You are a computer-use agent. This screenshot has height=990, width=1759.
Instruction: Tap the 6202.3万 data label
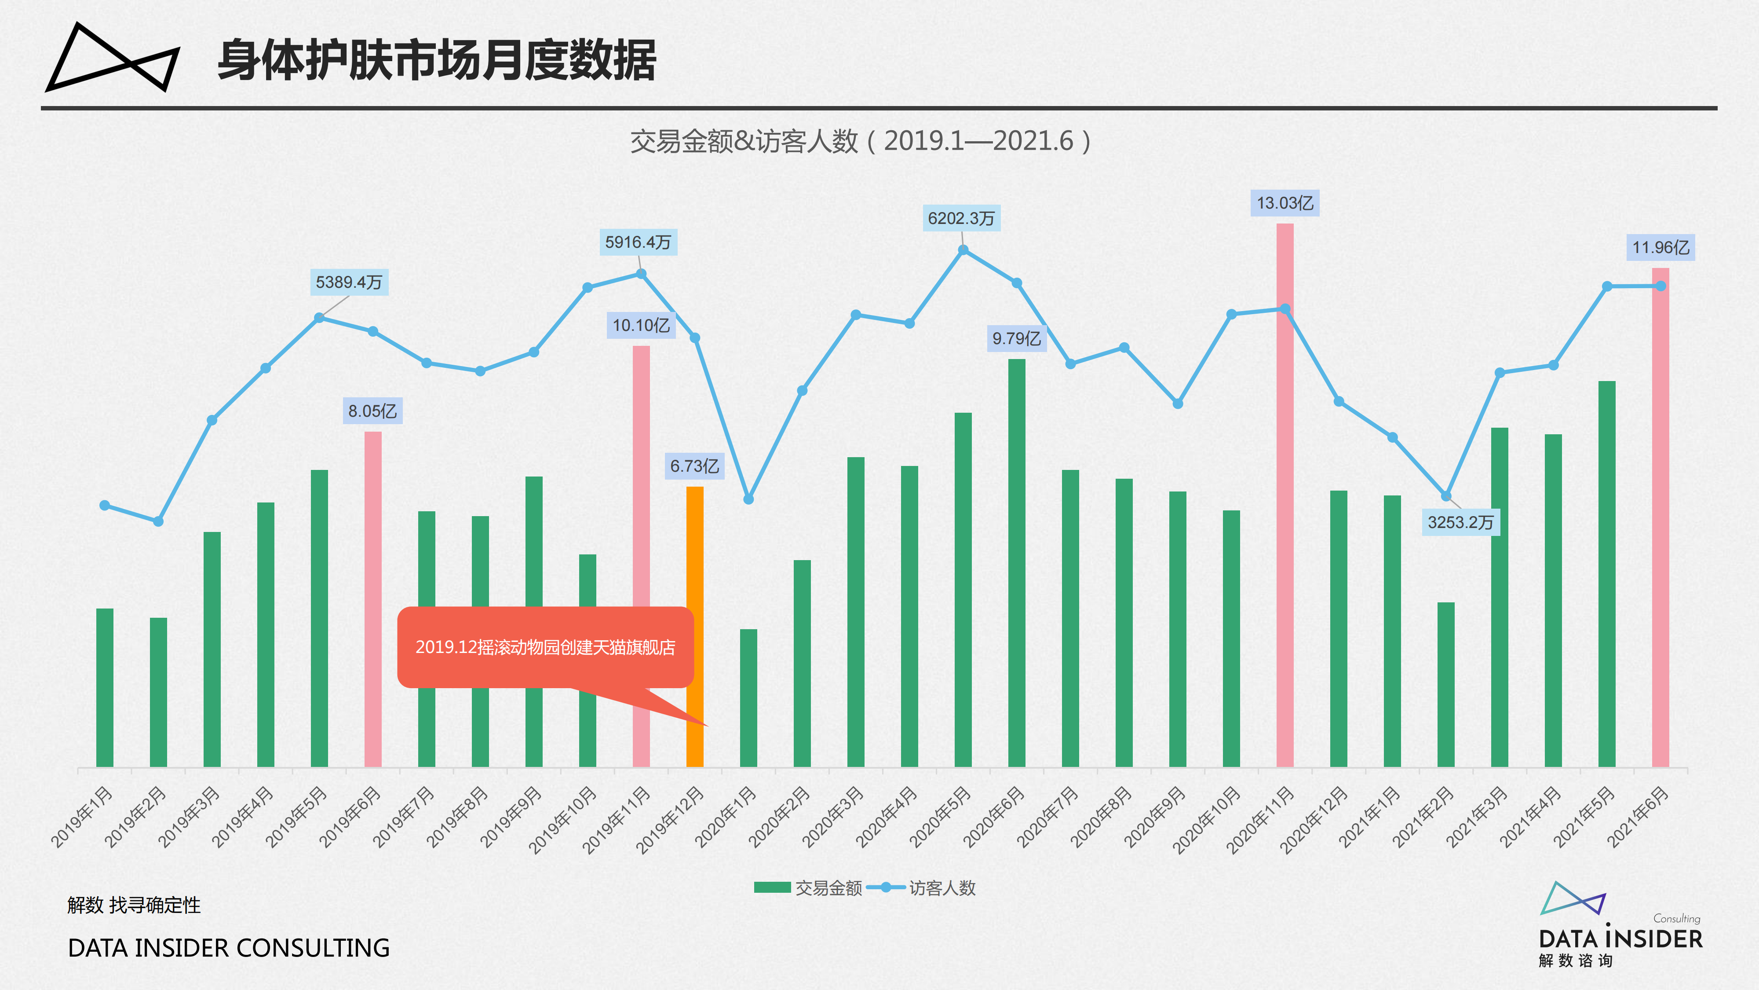[x=961, y=219]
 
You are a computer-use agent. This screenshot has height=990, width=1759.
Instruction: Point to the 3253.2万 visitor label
[x=1460, y=523]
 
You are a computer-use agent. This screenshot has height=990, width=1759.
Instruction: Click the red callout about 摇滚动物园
[x=545, y=647]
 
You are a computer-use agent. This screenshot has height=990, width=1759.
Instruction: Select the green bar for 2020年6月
[x=1017, y=560]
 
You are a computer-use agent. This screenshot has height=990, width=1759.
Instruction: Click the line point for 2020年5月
[x=963, y=250]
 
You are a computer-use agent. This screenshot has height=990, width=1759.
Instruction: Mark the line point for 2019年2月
[x=158, y=521]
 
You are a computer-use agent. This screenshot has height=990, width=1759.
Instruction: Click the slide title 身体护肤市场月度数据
[x=437, y=61]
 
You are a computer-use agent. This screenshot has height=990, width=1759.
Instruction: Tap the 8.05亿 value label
[x=372, y=411]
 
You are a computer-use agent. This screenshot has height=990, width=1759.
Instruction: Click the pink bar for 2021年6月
[x=1660, y=519]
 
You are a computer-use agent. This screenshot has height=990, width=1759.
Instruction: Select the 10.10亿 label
[x=641, y=325]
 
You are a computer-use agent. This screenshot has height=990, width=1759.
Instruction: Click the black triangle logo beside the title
[x=113, y=58]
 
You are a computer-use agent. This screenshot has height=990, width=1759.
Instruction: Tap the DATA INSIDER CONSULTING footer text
[x=229, y=948]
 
